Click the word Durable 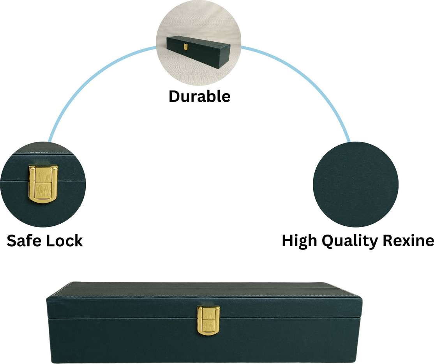click(199, 96)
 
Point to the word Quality click(342, 242)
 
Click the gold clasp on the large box click(208, 320)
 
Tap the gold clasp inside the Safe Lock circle click(43, 184)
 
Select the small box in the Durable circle click(198, 51)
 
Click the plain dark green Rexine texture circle click(355, 184)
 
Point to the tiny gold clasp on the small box click(186, 47)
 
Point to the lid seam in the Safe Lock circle click(16, 180)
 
